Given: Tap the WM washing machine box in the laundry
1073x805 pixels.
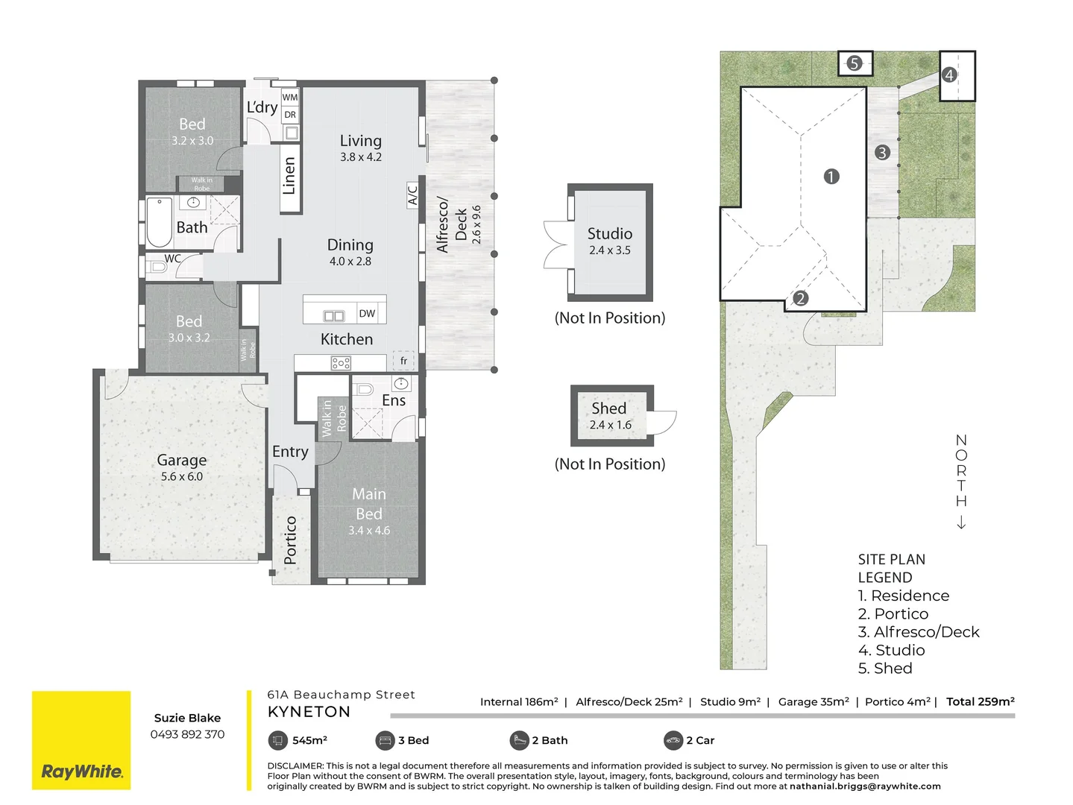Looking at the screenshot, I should (290, 97).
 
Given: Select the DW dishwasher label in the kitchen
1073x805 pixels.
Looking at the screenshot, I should (367, 314).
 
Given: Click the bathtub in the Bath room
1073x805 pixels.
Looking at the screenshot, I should (159, 221).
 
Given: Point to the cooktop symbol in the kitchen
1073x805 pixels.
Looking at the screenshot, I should (341, 363).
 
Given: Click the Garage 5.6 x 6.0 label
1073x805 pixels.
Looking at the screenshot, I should (182, 468).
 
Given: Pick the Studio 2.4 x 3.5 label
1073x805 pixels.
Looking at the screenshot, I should (609, 241).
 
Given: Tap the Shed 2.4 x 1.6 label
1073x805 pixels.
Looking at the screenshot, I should (609, 416).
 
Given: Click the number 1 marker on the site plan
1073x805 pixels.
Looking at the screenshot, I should (831, 177).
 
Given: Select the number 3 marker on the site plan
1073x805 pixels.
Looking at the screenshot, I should (882, 153).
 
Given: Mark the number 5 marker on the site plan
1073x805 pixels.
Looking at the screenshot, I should (855, 63).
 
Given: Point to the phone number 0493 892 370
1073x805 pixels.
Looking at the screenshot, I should (187, 734).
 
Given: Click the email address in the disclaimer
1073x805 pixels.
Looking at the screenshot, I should (865, 786).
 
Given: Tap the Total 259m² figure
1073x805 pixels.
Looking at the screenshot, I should (980, 701).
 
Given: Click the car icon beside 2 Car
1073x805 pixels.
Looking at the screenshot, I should (673, 740).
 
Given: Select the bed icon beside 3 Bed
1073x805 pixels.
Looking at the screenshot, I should (385, 740).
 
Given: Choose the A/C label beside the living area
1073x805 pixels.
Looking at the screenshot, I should (413, 195).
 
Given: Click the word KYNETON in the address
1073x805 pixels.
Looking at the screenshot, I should (309, 712).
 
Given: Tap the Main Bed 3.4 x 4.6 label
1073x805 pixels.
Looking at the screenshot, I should (369, 511).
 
